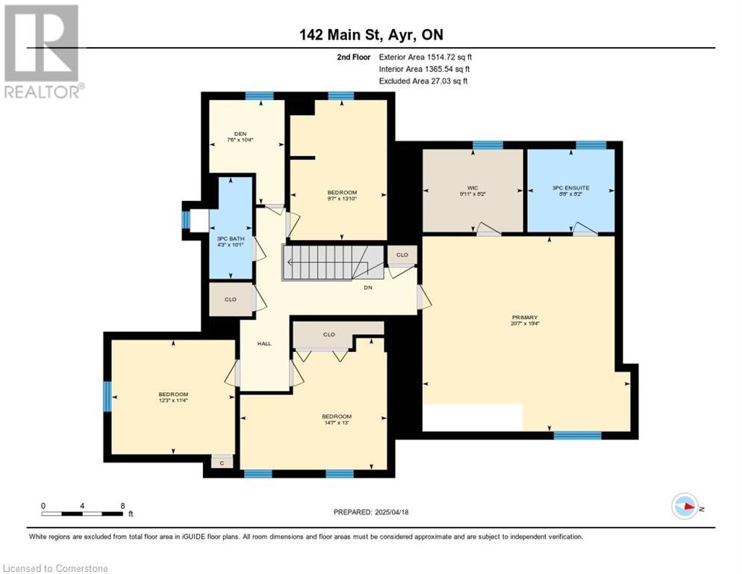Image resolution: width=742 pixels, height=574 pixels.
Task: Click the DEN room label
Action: tap(237, 135)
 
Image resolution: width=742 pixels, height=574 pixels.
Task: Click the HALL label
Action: tap(264, 344)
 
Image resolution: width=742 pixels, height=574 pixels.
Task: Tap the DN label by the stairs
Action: tap(368, 286)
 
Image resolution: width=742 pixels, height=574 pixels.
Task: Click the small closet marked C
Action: tap(222, 463)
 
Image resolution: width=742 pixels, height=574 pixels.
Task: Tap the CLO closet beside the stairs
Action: tap(402, 255)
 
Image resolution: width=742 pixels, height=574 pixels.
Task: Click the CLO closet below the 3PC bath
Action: tap(231, 299)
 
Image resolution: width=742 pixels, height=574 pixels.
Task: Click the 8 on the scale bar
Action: tap(122, 506)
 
